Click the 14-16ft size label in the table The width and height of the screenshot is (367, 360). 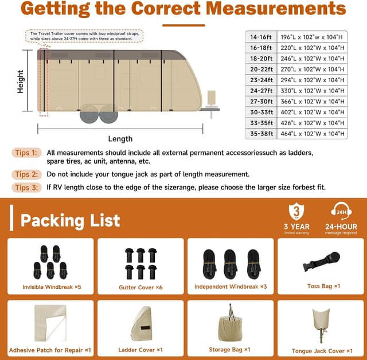click(x=261, y=36)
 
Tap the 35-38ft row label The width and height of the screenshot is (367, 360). click(x=261, y=134)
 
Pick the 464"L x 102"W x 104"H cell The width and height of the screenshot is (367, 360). click(x=313, y=134)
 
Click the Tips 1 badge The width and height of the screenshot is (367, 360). click(x=26, y=153)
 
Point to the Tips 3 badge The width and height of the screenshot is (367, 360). click(x=26, y=187)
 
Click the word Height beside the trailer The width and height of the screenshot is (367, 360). click(x=21, y=82)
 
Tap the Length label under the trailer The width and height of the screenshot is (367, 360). click(x=120, y=138)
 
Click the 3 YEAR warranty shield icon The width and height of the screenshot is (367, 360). click(x=296, y=211)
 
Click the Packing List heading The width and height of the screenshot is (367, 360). click(x=70, y=220)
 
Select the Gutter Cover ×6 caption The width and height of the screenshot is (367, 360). click(x=140, y=287)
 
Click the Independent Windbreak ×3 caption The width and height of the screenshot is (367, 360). click(x=230, y=287)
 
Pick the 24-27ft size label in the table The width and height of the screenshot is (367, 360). click(x=261, y=91)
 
